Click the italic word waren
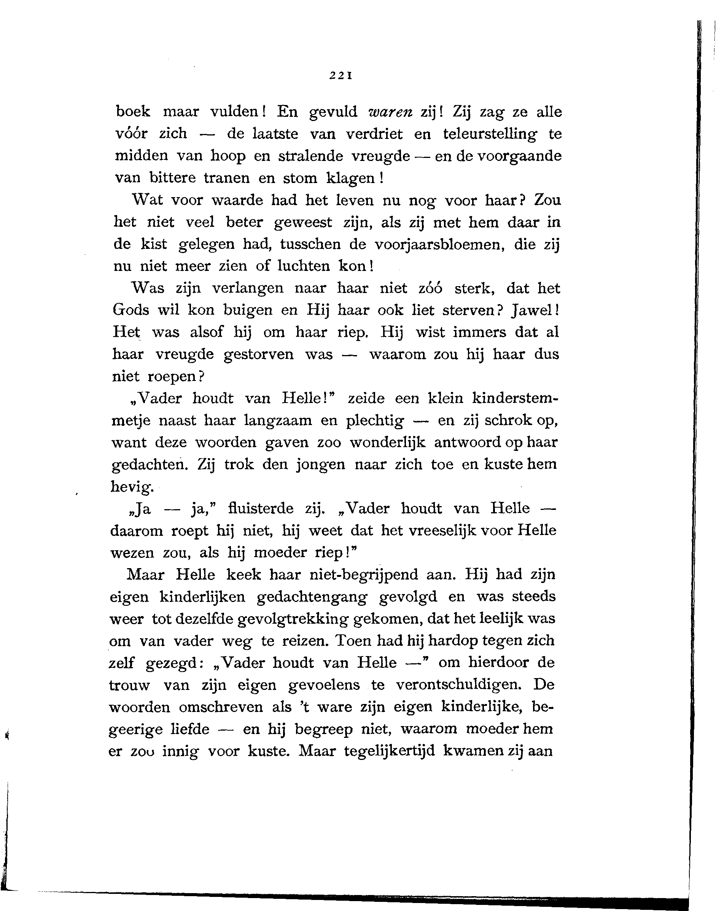point(390,112)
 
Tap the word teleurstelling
point(490,134)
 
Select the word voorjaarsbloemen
point(438,244)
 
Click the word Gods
point(131,310)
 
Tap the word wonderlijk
point(387,442)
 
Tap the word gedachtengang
point(313,597)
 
